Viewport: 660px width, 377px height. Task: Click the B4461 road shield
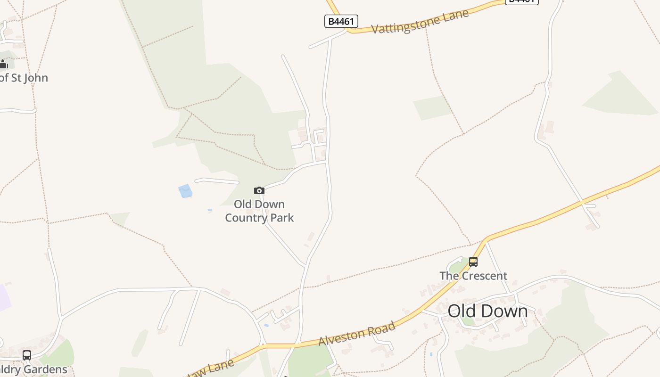tap(341, 21)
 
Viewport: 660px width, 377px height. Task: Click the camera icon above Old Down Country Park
tap(259, 190)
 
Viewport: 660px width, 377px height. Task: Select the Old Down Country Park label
tap(259, 211)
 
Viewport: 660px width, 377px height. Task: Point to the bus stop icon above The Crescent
tap(473, 262)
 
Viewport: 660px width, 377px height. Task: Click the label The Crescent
tap(473, 276)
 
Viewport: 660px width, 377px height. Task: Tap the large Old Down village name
tap(487, 311)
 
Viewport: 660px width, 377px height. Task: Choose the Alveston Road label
tap(357, 334)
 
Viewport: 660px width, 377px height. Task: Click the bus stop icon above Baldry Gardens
tap(27, 355)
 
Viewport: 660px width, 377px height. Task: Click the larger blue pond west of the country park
tap(185, 191)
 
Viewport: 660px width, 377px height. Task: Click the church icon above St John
tap(3, 64)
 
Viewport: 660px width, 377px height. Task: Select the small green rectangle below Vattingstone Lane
tap(433, 107)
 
